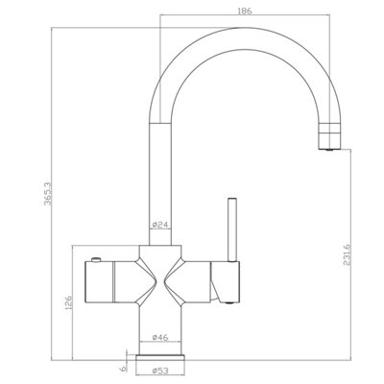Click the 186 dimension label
pyautogui.click(x=245, y=11)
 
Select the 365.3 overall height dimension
pyautogui.click(x=48, y=194)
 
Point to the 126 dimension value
pyautogui.click(x=69, y=304)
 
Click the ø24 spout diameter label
pyautogui.click(x=160, y=225)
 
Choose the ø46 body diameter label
pyautogui.click(x=160, y=338)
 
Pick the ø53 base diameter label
pyautogui.click(x=160, y=371)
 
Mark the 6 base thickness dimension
pyautogui.click(x=122, y=369)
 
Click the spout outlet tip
pyautogui.click(x=328, y=149)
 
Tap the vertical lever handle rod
pyautogui.click(x=231, y=229)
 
